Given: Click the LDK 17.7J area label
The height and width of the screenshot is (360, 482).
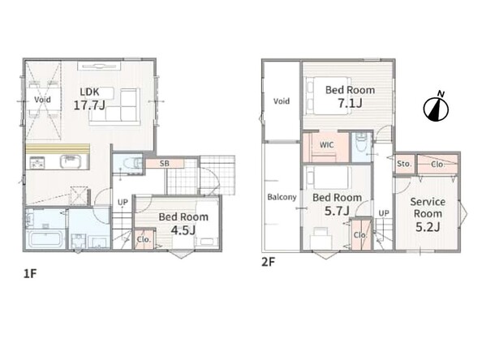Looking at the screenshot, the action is pyautogui.click(x=89, y=99).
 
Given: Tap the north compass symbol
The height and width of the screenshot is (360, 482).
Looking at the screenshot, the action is pyautogui.click(x=437, y=106).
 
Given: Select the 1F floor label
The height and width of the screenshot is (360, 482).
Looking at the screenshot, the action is pyautogui.click(x=30, y=273).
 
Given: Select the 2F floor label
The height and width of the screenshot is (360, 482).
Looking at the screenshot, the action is pyautogui.click(x=268, y=262).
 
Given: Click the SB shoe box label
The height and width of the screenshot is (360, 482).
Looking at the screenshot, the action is pyautogui.click(x=165, y=164).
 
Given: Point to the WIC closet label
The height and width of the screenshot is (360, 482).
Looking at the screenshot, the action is pyautogui.click(x=326, y=144).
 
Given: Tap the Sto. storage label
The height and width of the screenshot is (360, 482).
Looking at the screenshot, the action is pyautogui.click(x=404, y=164).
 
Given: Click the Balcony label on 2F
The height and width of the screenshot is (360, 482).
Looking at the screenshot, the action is pyautogui.click(x=282, y=197).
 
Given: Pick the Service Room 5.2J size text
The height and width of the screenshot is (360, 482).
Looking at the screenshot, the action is pyautogui.click(x=428, y=227).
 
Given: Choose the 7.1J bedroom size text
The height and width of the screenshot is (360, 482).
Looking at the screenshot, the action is pyautogui.click(x=350, y=103).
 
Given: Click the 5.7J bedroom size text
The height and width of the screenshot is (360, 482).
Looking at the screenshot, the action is pyautogui.click(x=337, y=211).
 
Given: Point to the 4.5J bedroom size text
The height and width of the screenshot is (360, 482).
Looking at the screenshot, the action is pyautogui.click(x=183, y=229).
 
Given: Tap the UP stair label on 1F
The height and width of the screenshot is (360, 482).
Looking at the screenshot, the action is pyautogui.click(x=123, y=202).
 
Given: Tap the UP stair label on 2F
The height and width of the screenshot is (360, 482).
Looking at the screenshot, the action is pyautogui.click(x=384, y=213).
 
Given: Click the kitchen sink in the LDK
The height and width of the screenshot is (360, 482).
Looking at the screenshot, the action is pyautogui.click(x=71, y=161).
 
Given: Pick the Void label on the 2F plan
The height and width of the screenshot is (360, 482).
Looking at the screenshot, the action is pyautogui.click(x=282, y=101).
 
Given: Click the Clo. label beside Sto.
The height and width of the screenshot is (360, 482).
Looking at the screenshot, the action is pyautogui.click(x=437, y=165).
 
